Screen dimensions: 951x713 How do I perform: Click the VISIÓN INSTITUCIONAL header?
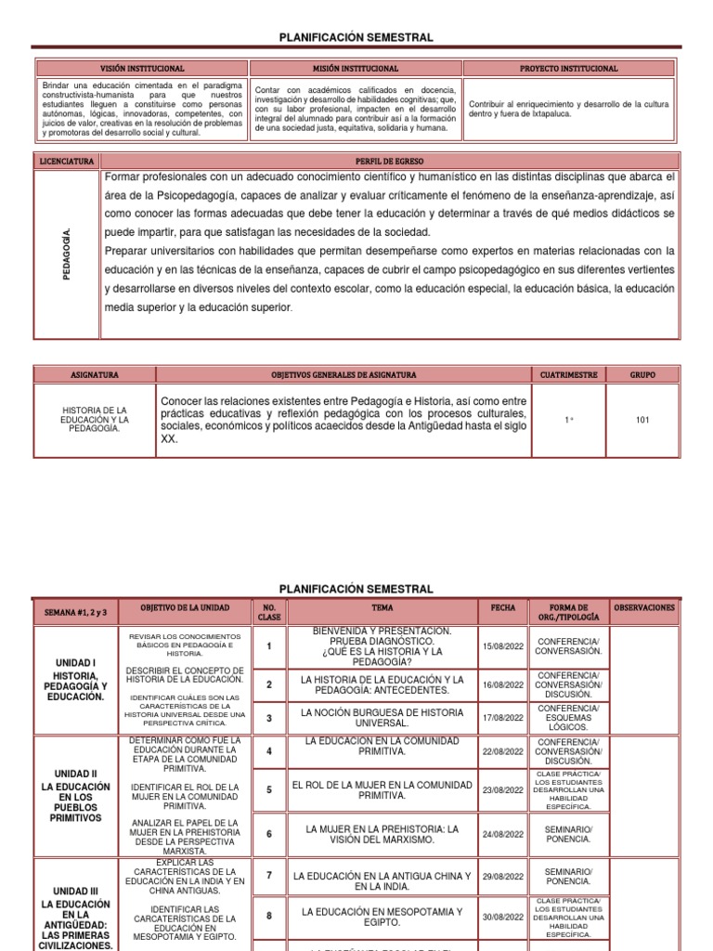[142, 69]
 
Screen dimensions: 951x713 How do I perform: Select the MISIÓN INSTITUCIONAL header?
[356, 69]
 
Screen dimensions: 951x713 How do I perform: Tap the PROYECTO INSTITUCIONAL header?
[569, 69]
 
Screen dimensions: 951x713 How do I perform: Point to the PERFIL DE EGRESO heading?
[389, 161]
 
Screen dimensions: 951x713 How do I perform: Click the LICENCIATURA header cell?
[66, 161]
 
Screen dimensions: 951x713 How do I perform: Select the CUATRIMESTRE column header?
[568, 374]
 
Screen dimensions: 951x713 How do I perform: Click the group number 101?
[642, 420]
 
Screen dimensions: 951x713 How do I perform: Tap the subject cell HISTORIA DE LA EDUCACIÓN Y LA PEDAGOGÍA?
[95, 419]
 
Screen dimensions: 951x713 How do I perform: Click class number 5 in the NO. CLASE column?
[269, 789]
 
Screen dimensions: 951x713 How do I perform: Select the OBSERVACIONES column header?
[644, 607]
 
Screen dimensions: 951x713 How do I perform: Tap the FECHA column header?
[503, 607]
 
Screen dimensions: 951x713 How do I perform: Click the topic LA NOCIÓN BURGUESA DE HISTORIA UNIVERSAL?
[382, 717]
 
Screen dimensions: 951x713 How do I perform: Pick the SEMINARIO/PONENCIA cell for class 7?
[567, 876]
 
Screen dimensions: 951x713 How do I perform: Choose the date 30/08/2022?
[503, 917]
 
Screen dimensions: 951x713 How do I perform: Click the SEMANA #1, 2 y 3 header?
[76, 613]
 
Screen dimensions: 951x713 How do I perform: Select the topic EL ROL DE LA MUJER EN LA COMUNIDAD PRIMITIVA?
[382, 789]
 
